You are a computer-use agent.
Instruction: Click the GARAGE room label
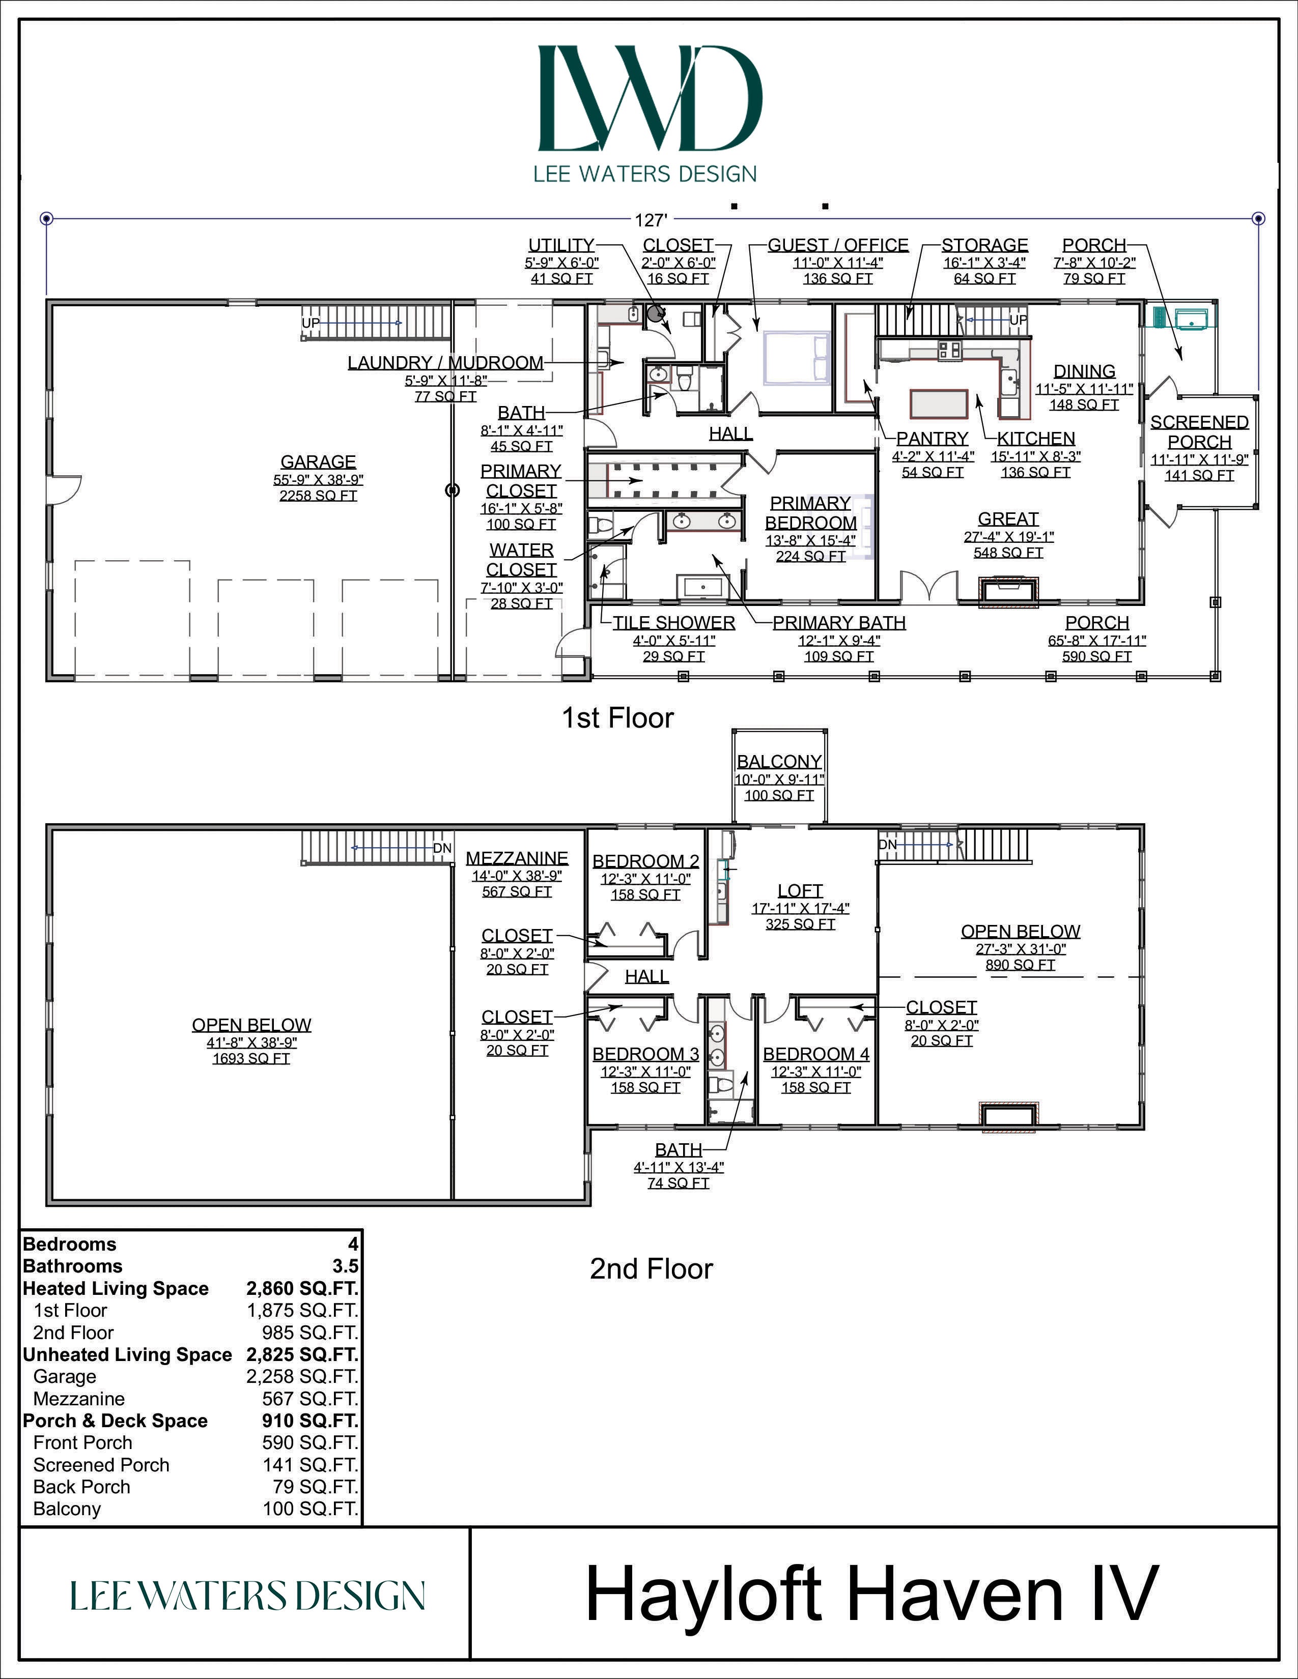[x=318, y=462]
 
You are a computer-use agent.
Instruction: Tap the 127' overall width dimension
[x=650, y=221]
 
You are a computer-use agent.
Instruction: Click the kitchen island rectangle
[x=938, y=403]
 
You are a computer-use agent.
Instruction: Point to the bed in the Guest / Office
[x=796, y=358]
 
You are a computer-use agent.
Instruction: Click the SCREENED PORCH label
[x=1199, y=432]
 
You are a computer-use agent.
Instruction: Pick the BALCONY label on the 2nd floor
[x=779, y=761]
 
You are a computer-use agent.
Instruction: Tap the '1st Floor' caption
[x=617, y=718]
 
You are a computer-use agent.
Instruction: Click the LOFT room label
[x=800, y=890]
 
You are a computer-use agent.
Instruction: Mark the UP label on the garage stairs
[x=311, y=323]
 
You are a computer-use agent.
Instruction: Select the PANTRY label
[x=932, y=438]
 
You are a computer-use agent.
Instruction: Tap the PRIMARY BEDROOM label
[x=810, y=513]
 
